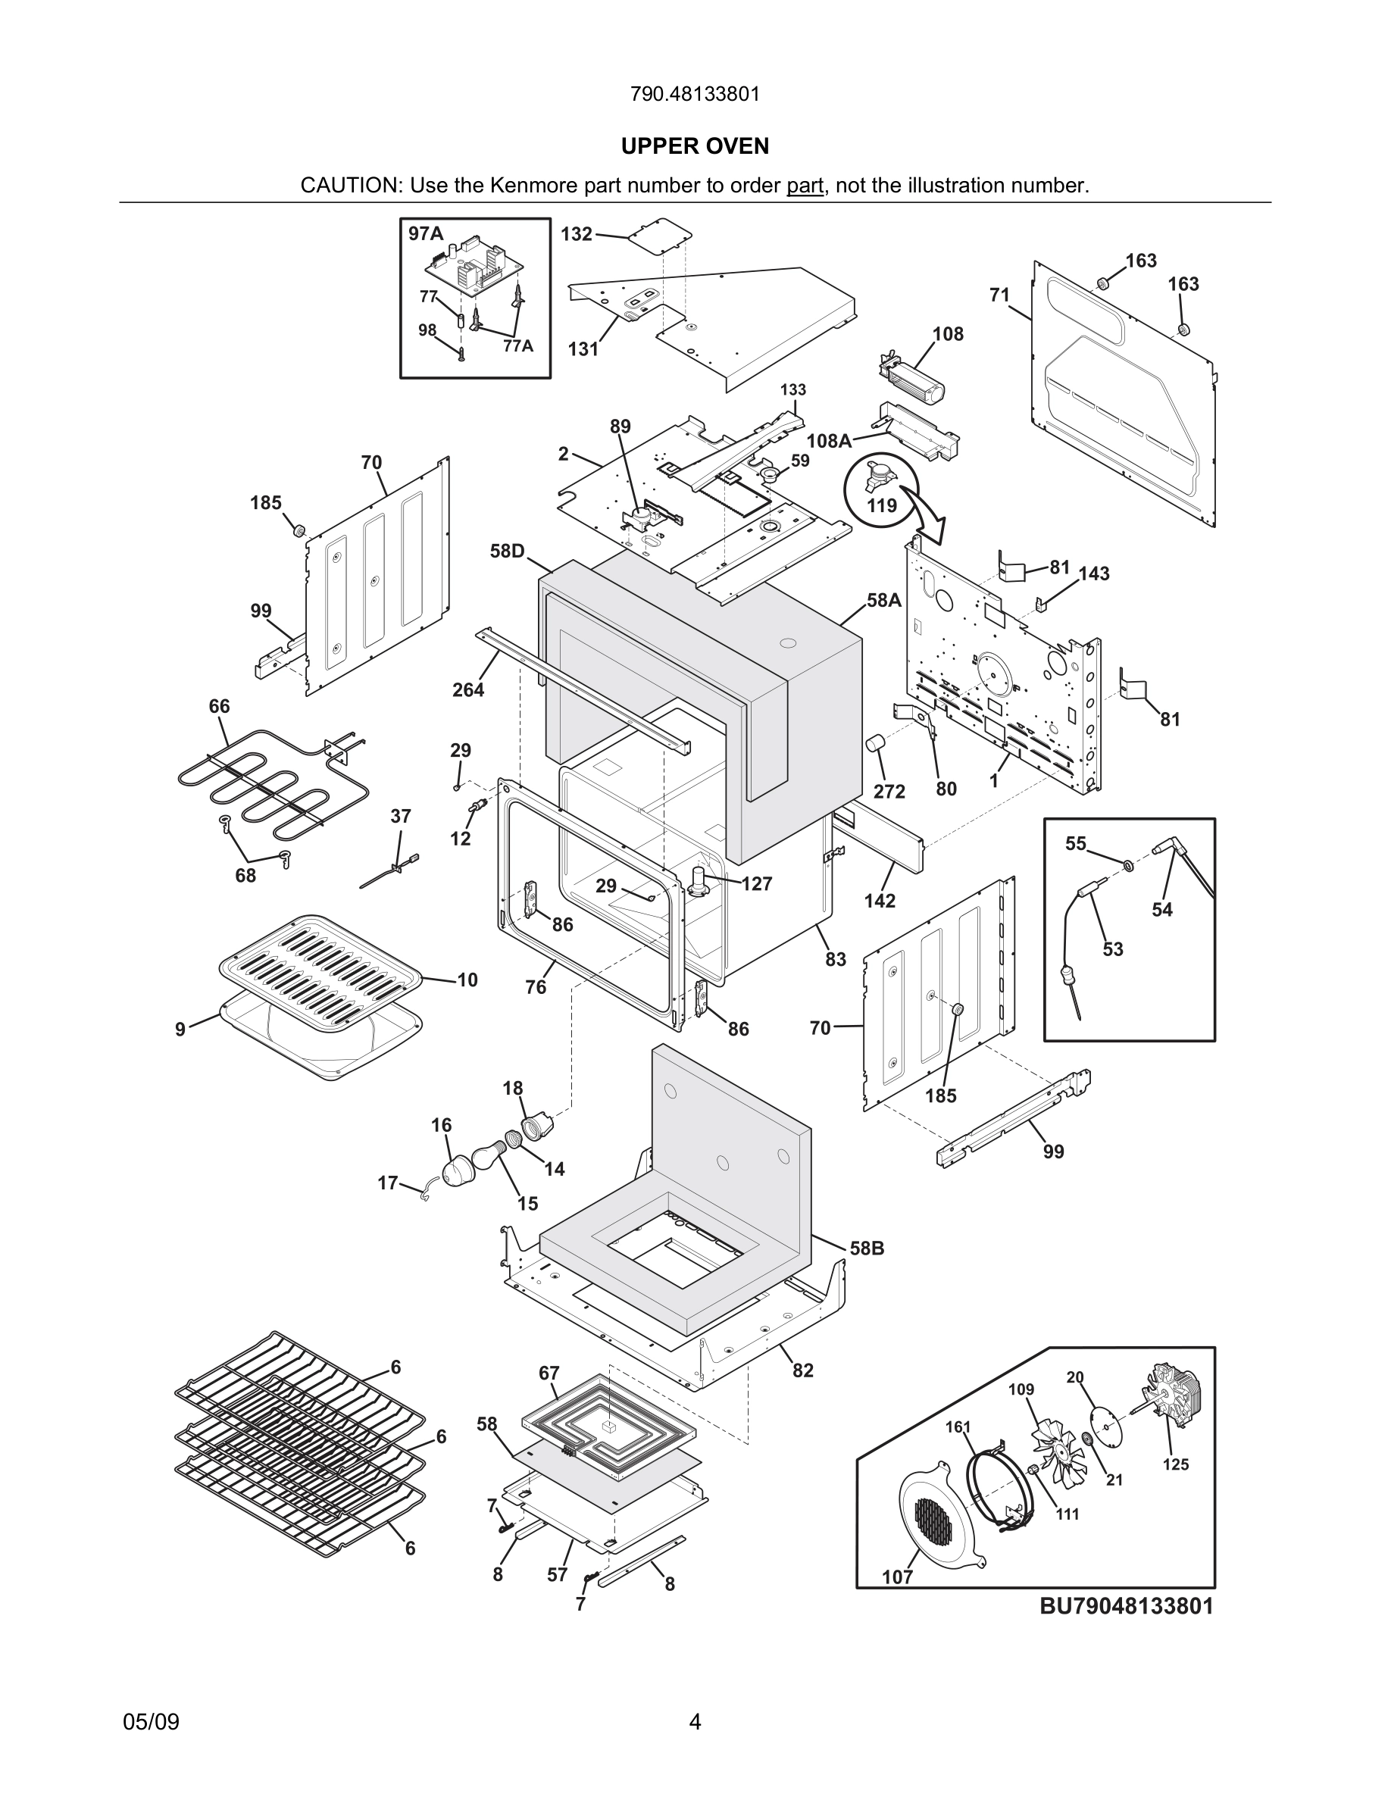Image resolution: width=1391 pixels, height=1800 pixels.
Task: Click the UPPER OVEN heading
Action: [695, 146]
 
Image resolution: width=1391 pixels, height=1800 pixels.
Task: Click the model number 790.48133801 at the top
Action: [695, 94]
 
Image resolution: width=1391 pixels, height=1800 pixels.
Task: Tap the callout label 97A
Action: [426, 234]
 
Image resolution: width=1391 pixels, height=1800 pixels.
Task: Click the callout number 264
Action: [468, 690]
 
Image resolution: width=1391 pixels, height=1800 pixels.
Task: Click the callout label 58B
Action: [867, 1248]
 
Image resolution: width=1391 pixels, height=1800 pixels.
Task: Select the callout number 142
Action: [880, 901]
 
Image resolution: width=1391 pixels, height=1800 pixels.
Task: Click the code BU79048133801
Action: [1126, 1606]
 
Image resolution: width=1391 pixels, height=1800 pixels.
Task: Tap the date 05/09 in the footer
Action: [151, 1722]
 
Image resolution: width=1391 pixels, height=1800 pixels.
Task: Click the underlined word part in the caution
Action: [805, 186]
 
